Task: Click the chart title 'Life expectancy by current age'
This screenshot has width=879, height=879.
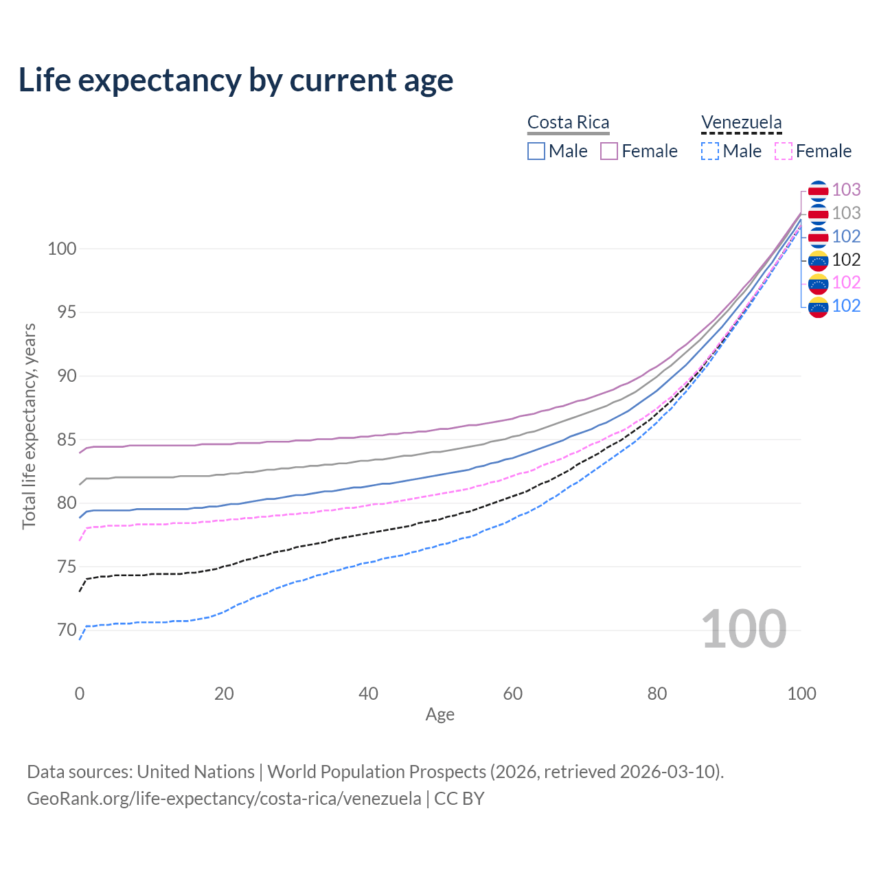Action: point(236,80)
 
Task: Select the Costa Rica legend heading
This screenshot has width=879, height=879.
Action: point(568,122)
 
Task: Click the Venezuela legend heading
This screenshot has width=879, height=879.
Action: point(741,122)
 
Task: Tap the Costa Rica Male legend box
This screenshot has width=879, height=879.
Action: point(536,151)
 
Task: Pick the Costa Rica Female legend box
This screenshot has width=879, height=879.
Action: point(609,151)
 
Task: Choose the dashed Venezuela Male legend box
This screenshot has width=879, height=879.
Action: point(710,151)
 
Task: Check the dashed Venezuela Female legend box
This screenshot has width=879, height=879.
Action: point(783,151)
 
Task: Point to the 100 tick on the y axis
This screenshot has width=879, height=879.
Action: point(61,249)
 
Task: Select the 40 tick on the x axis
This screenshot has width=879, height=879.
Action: point(368,694)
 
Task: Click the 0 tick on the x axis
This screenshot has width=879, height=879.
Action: point(80,694)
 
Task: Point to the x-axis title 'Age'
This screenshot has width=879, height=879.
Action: point(439,715)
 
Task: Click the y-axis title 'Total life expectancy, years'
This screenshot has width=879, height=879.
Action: point(29,426)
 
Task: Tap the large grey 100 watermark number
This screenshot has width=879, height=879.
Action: point(743,629)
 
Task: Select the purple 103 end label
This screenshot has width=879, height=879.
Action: point(846,190)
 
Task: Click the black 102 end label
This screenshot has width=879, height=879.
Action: point(846,260)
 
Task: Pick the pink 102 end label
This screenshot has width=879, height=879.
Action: point(846,282)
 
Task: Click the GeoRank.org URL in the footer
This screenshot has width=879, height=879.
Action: point(224,799)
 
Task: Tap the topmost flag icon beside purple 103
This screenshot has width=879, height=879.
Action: point(818,190)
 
